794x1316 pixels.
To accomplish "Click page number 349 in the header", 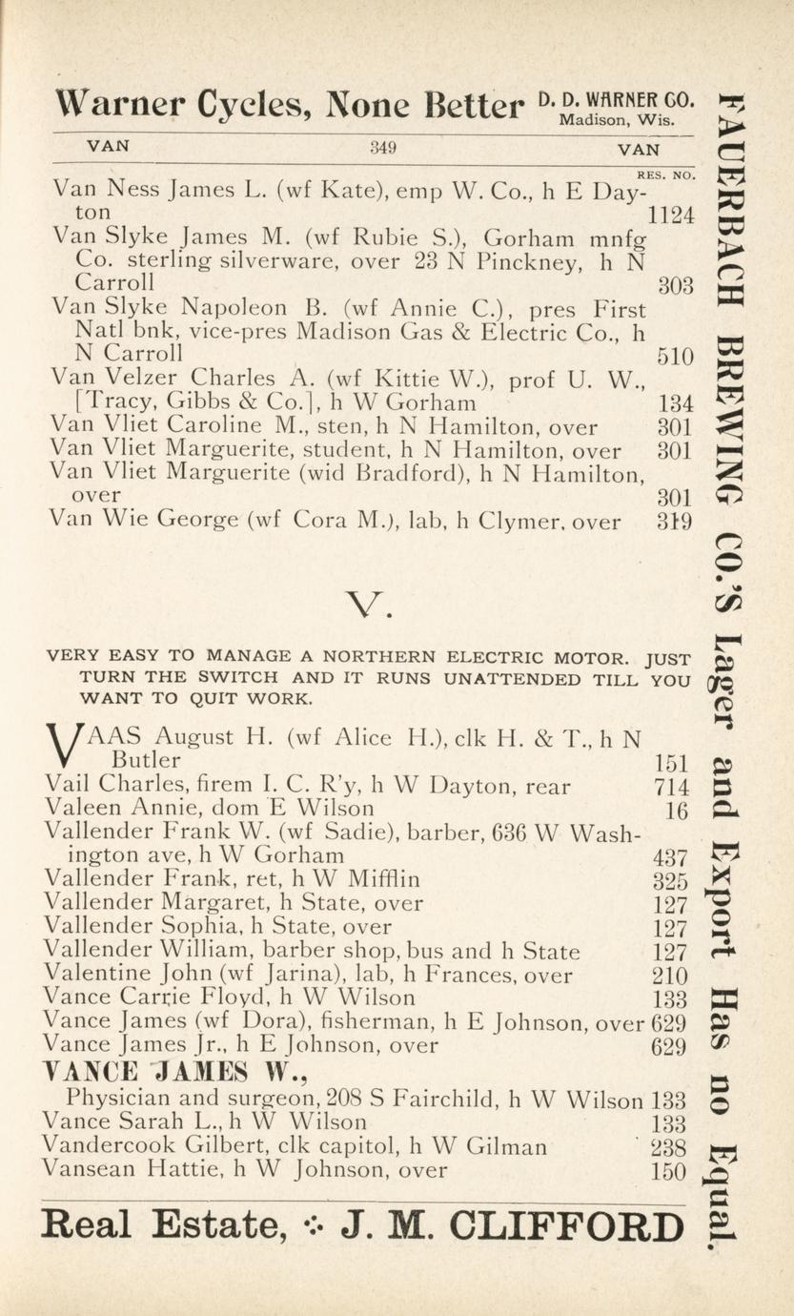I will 382,148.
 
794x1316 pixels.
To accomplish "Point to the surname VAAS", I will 97,736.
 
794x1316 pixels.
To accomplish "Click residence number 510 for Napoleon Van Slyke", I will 675,356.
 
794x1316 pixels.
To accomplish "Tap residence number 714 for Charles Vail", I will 670,786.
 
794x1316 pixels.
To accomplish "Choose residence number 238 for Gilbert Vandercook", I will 669,1147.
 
